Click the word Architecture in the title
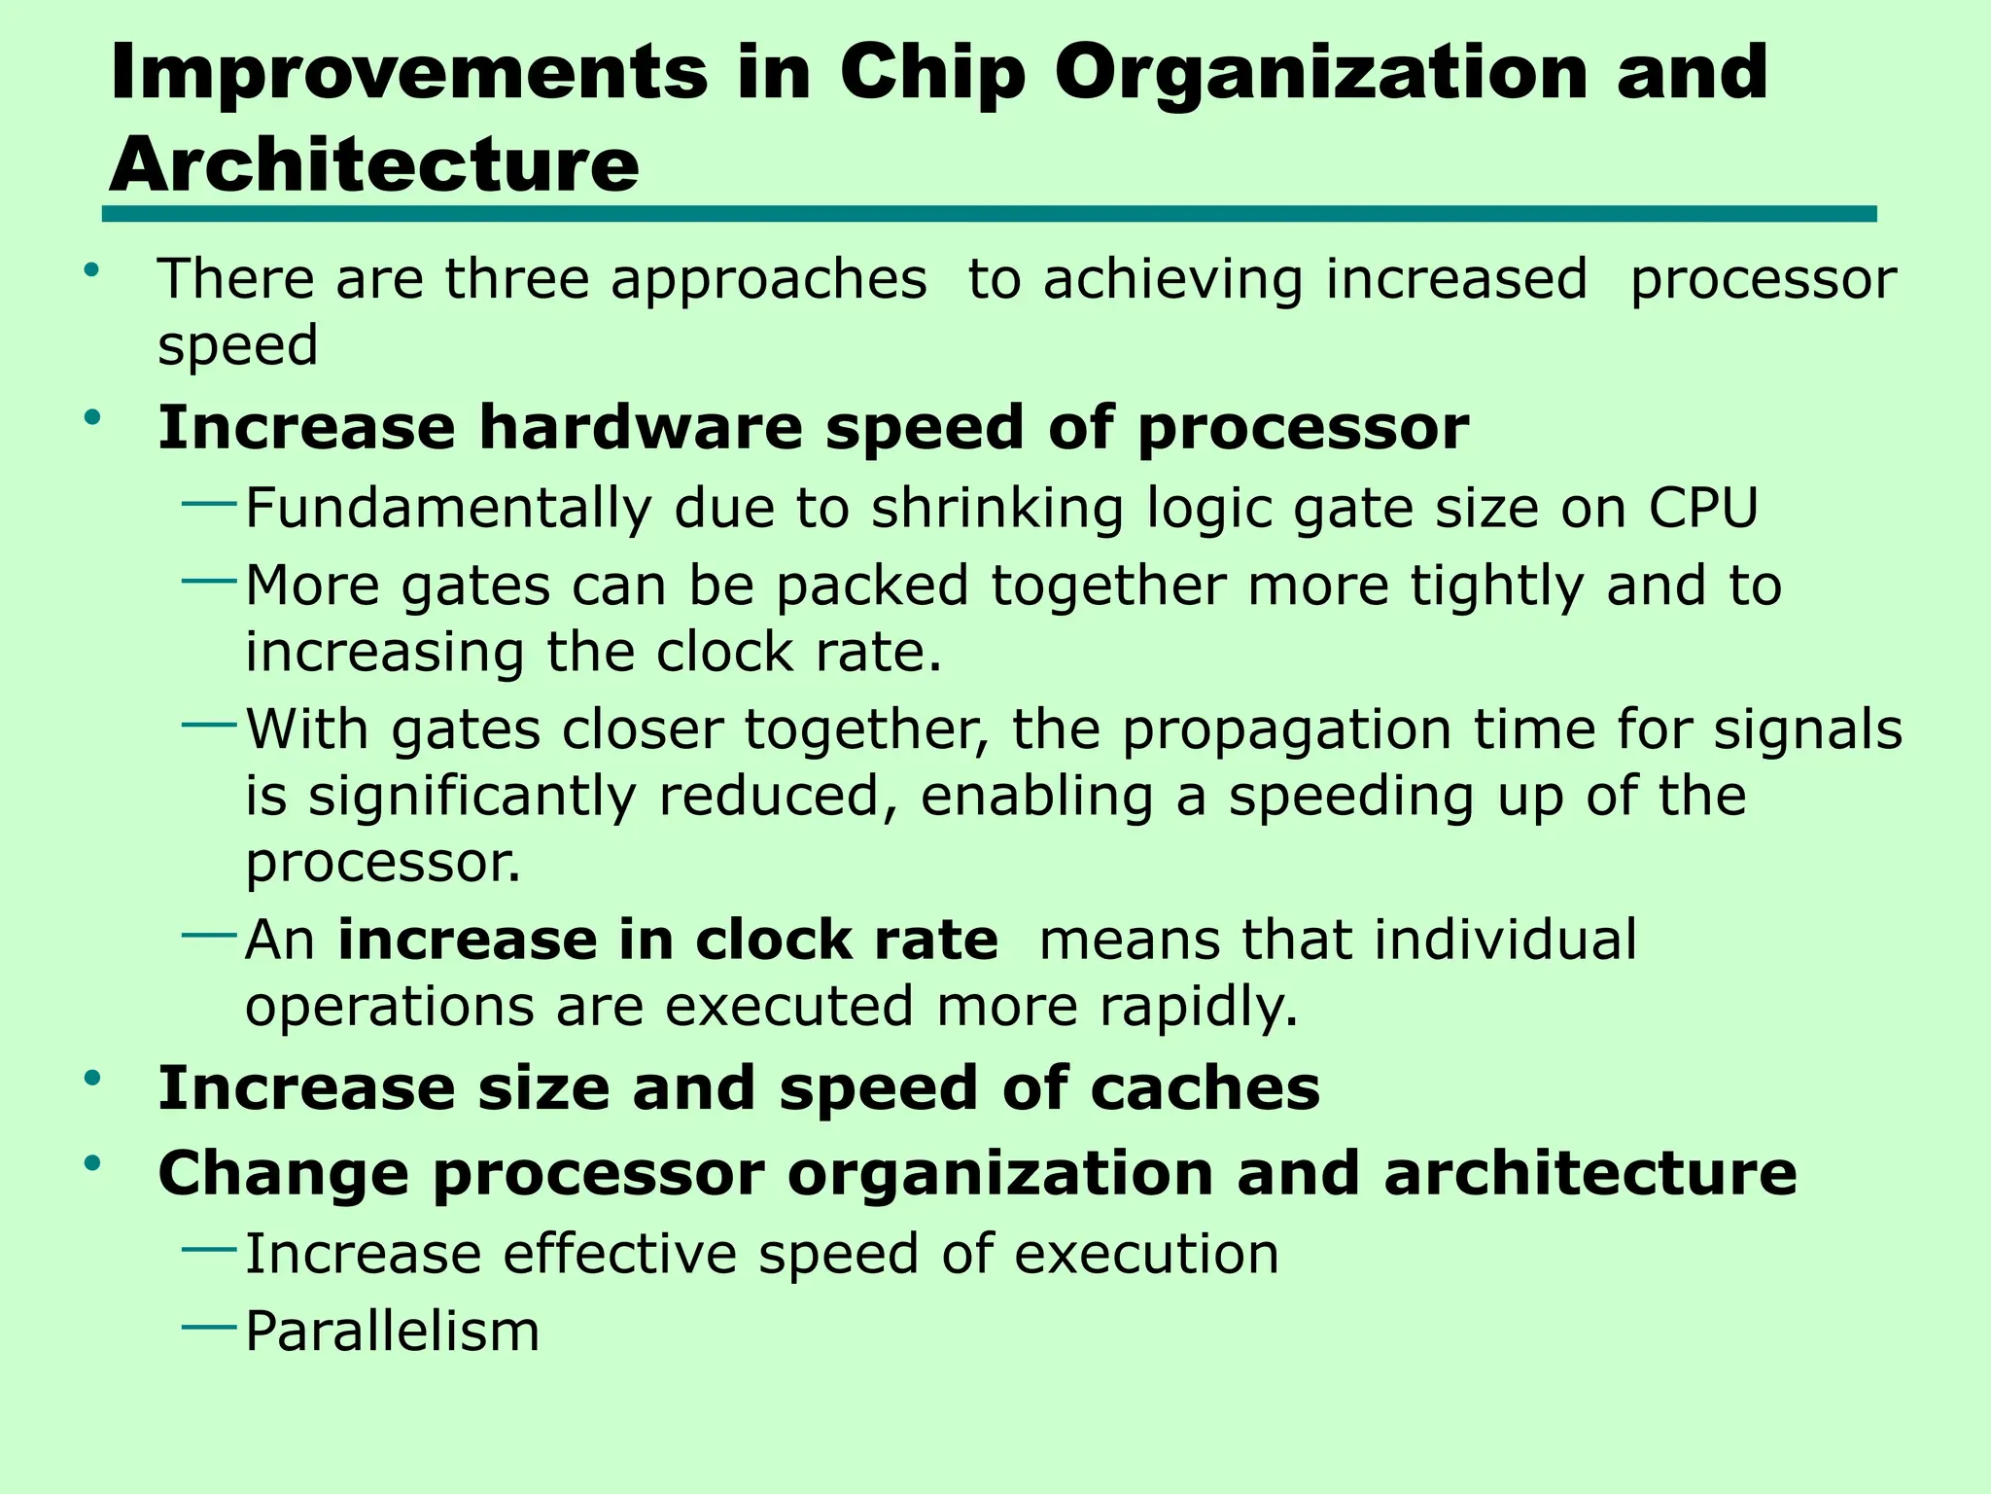[x=374, y=164]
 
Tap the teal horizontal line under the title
[x=989, y=214]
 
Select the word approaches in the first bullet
[x=769, y=281]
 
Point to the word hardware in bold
[x=641, y=428]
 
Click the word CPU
[x=1703, y=508]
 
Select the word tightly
[x=1497, y=587]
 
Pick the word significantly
[x=472, y=797]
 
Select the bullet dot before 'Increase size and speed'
[x=93, y=1078]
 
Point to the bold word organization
[x=1000, y=1174]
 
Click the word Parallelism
[x=392, y=1332]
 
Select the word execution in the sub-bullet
[x=1146, y=1254]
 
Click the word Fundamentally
[x=448, y=509]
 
